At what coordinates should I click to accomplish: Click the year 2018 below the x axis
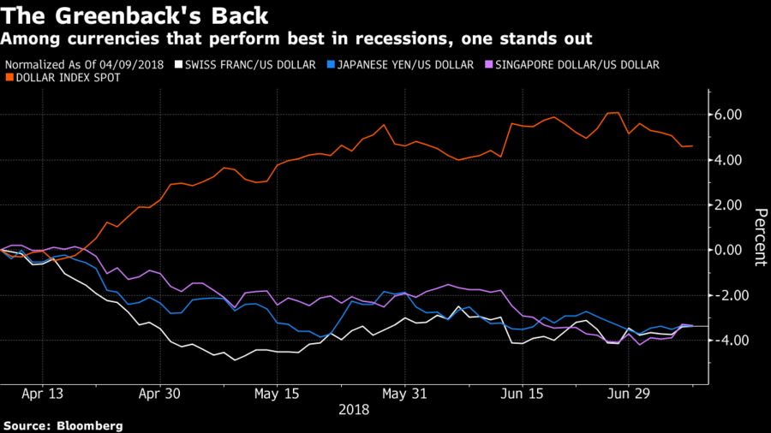(x=354, y=410)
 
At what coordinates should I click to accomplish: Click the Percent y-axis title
(x=759, y=237)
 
